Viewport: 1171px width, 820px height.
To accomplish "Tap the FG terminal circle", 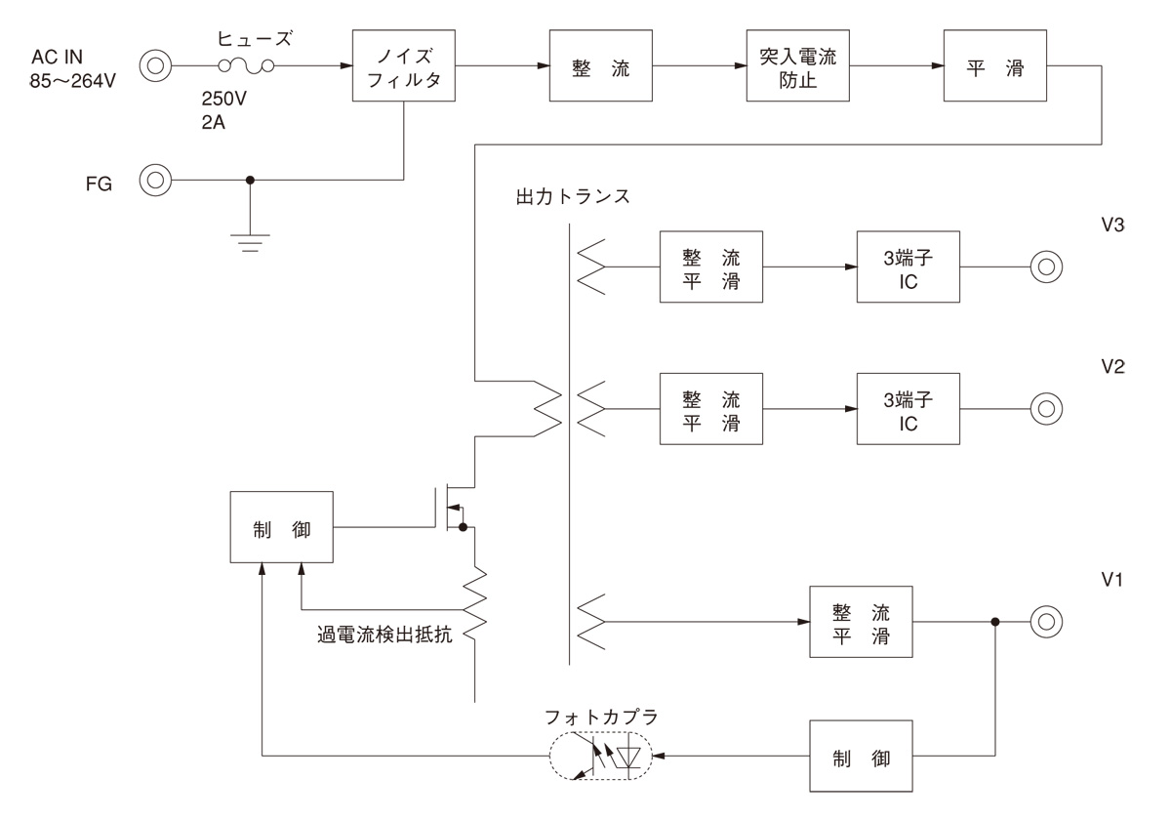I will [154, 180].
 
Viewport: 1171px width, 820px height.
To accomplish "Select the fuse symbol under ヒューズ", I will [244, 66].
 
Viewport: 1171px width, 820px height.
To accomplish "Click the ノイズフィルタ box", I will [404, 66].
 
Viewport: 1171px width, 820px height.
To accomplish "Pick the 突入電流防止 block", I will [798, 66].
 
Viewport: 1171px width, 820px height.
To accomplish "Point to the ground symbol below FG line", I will [251, 241].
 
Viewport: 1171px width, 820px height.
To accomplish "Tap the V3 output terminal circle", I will [1045, 266].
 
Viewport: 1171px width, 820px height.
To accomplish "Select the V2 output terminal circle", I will [1045, 408].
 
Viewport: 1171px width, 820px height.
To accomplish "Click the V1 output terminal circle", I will [1045, 621].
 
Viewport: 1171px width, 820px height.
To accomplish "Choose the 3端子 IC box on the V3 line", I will [908, 266].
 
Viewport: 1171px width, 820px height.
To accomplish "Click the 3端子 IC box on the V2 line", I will [908, 408].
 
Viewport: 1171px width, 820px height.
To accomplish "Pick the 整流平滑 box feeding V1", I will [860, 621].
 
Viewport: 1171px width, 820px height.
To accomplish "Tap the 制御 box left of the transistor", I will [280, 527].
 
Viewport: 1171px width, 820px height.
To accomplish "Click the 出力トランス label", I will [572, 195].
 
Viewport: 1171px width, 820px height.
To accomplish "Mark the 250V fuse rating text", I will [223, 100].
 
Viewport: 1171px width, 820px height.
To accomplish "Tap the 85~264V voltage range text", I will [73, 80].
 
